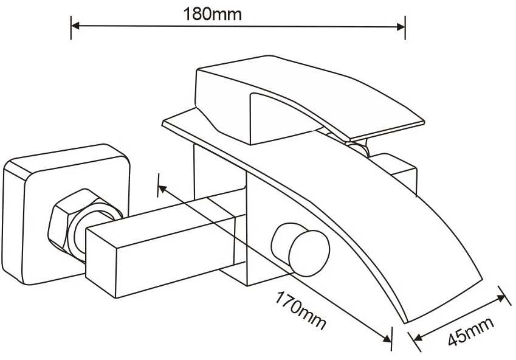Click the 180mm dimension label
[x=212, y=14]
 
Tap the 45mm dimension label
[x=471, y=331]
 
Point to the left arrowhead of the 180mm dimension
[x=75, y=26]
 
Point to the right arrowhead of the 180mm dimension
[x=401, y=27]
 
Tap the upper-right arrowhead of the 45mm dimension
[x=501, y=298]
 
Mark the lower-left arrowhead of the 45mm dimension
[x=419, y=337]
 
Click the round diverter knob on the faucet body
[x=301, y=249]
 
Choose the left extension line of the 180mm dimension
[x=71, y=27]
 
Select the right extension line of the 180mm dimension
[x=405, y=27]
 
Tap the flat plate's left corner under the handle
[x=163, y=123]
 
